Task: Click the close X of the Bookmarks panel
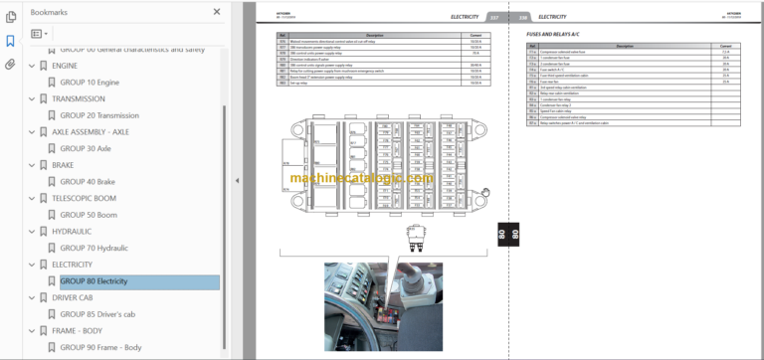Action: [x=217, y=12]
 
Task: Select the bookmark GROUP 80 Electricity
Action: [x=94, y=281]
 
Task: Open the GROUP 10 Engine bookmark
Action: [x=90, y=82]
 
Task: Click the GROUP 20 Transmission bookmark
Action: [x=99, y=115]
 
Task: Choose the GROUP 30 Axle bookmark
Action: [x=86, y=148]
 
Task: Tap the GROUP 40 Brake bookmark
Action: [x=88, y=182]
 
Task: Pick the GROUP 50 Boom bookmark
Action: [x=89, y=215]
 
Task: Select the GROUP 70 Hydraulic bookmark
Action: [x=94, y=248]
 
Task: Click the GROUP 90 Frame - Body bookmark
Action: [x=100, y=348]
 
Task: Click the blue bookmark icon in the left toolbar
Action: [x=10, y=41]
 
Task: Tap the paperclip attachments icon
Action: [x=10, y=65]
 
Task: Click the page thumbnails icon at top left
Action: [x=10, y=17]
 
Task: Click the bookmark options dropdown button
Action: [x=41, y=33]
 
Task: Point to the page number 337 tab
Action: [x=492, y=17]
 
